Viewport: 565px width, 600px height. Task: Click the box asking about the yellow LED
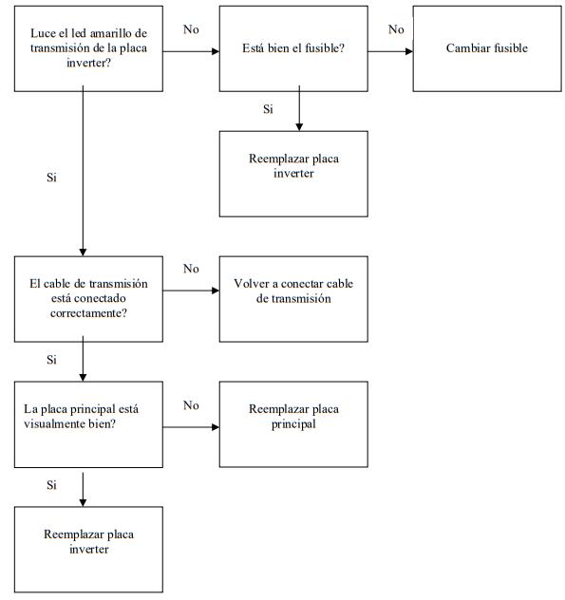click(88, 48)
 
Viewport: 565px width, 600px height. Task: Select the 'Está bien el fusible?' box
click(293, 48)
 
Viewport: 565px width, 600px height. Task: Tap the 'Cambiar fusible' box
click(487, 48)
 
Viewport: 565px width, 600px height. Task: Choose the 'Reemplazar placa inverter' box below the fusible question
click(293, 174)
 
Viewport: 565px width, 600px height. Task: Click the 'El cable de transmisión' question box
click(88, 299)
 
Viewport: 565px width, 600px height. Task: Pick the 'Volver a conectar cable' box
click(293, 299)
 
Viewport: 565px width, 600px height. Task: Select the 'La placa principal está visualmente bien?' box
click(88, 424)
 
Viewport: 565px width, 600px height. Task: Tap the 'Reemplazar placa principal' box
click(293, 424)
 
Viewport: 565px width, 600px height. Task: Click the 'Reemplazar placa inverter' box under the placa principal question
click(88, 550)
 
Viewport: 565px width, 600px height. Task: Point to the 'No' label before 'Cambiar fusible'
click(396, 29)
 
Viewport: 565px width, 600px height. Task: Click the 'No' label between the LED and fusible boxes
click(191, 29)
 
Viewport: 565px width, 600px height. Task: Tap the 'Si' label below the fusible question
click(268, 109)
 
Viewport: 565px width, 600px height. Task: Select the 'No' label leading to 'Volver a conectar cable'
click(191, 269)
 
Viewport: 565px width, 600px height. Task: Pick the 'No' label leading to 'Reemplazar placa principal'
click(191, 405)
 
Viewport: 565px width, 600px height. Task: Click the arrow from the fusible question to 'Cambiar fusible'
click(390, 51)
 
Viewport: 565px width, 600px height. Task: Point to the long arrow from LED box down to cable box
click(83, 171)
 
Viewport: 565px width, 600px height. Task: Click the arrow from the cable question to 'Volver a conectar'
click(191, 291)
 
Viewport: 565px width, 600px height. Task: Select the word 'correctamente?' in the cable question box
click(88, 313)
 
